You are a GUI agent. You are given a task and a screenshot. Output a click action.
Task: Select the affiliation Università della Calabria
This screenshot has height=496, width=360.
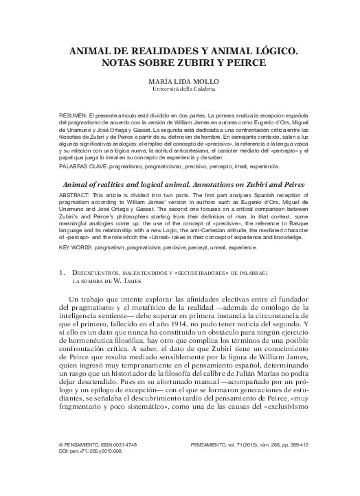click(x=180, y=89)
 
